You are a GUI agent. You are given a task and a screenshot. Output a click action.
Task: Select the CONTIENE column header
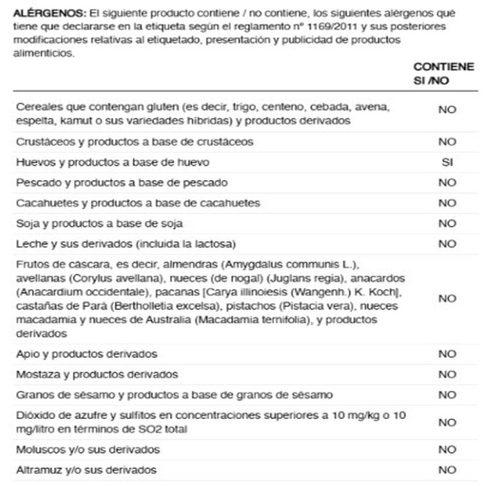point(443,67)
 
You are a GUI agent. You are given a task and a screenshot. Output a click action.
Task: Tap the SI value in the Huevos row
point(447,162)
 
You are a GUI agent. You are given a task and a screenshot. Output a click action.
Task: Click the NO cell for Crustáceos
point(447,142)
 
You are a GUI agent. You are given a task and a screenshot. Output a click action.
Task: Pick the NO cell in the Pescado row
point(447,183)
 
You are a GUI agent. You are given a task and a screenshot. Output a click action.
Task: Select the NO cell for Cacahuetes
point(447,203)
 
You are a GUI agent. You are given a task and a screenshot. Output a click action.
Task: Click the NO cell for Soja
point(447,224)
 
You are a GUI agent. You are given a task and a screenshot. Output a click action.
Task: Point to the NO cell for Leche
point(447,244)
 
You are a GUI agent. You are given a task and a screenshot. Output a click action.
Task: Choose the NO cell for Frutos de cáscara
point(447,299)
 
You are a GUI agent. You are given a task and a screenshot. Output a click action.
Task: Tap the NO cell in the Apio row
point(447,354)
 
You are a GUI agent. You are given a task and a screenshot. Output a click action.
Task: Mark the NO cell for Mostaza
point(447,374)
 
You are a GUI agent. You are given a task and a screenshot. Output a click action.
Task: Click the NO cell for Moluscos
point(447,449)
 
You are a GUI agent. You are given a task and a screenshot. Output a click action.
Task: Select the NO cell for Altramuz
point(447,470)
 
